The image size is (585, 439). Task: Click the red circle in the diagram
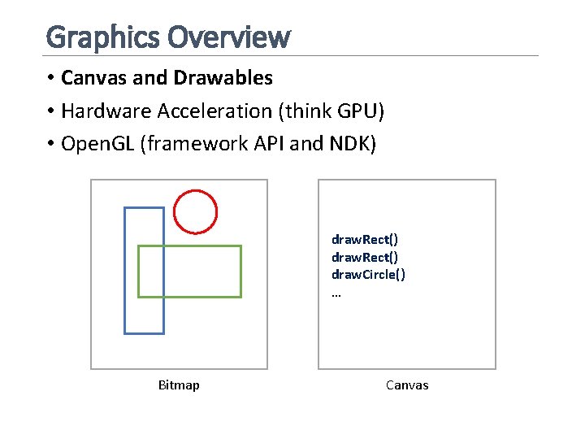click(x=196, y=211)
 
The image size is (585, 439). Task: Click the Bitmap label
click(x=179, y=385)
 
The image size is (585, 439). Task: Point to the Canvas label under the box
click(x=407, y=385)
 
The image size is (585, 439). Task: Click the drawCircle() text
click(x=368, y=275)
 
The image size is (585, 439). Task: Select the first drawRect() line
click(x=364, y=239)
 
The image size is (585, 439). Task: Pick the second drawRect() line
click(x=364, y=257)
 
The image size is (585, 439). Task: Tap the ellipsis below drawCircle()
click(x=336, y=293)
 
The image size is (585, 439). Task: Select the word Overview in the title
click(x=228, y=37)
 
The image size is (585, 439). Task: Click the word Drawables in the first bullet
click(x=223, y=78)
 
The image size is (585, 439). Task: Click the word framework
click(x=200, y=144)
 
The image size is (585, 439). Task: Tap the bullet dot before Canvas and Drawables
click(x=50, y=78)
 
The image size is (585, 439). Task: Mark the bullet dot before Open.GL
click(x=50, y=144)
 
